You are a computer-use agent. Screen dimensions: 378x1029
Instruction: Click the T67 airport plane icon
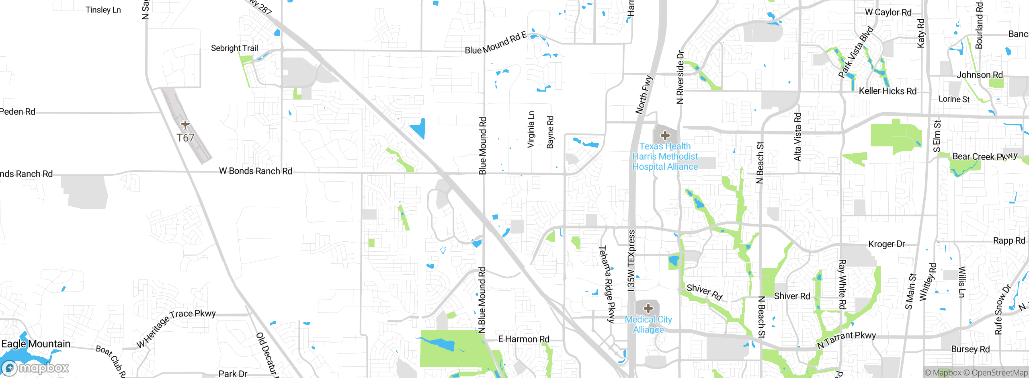point(185,125)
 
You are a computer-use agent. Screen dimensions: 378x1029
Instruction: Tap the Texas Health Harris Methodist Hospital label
point(665,156)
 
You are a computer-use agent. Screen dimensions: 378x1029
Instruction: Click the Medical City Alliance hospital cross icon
point(648,308)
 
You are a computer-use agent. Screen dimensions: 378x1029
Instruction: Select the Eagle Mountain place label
point(36,344)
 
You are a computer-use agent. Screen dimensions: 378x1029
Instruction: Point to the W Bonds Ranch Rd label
point(256,171)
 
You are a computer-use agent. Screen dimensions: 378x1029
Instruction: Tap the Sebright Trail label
point(234,48)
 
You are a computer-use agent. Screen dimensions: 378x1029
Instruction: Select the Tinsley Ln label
point(103,10)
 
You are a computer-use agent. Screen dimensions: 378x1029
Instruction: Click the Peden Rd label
point(18,112)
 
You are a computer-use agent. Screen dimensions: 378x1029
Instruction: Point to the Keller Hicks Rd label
point(888,91)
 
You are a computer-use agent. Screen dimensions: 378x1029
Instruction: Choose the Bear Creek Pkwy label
point(985,156)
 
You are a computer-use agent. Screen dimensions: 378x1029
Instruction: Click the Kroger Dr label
point(887,244)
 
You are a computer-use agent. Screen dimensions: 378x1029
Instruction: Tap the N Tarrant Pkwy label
point(846,340)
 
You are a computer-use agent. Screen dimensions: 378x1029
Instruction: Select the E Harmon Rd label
point(523,339)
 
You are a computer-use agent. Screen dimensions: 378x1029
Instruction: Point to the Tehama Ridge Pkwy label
point(607,284)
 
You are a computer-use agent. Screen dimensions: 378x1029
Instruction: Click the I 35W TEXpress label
point(631,260)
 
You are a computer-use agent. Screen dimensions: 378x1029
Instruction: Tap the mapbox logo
point(35,368)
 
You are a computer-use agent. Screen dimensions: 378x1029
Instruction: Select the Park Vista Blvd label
point(856,52)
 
